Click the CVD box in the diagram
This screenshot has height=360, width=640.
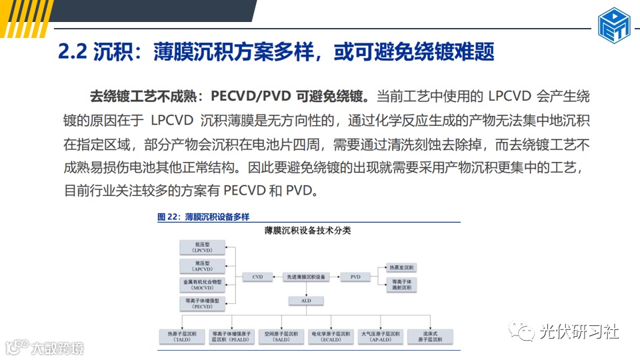pyautogui.click(x=257, y=277)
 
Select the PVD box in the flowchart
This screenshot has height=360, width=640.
pyautogui.click(x=355, y=277)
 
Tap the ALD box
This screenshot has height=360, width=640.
pyautogui.click(x=306, y=301)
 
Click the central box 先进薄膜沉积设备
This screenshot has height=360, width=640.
pyautogui.click(x=306, y=277)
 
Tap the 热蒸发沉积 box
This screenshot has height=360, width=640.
pyautogui.click(x=402, y=267)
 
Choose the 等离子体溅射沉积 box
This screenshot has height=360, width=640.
pyautogui.click(x=402, y=285)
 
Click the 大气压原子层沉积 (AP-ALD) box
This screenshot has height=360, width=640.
pyautogui.click(x=380, y=337)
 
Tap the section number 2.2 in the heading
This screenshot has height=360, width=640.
pyautogui.click(x=73, y=52)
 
